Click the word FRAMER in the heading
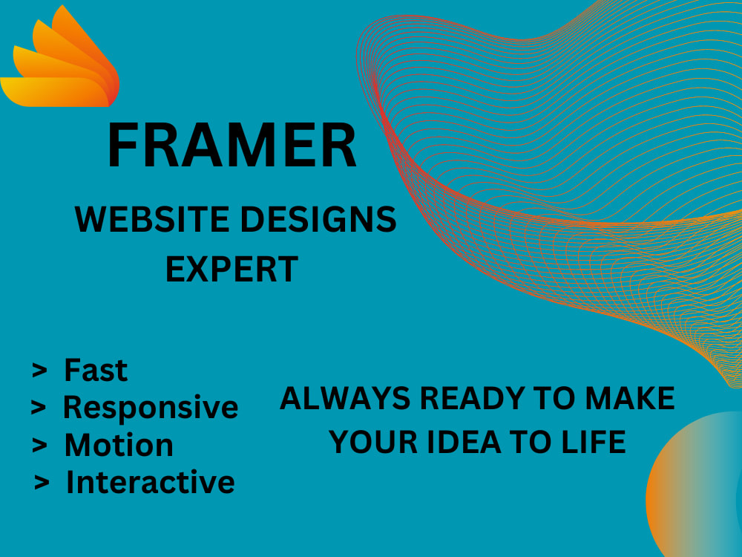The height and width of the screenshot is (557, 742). pyautogui.click(x=232, y=147)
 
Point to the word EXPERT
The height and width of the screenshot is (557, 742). pyautogui.click(x=232, y=269)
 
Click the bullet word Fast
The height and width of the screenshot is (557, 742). pyautogui.click(x=96, y=369)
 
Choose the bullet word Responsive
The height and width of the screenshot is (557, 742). pyautogui.click(x=151, y=407)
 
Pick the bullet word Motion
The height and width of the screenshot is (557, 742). pyautogui.click(x=119, y=445)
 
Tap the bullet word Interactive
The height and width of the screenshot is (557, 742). pyautogui.click(x=151, y=482)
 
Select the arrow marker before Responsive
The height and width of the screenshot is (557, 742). pyautogui.click(x=38, y=408)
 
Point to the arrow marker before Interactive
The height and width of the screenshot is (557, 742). pyautogui.click(x=42, y=483)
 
